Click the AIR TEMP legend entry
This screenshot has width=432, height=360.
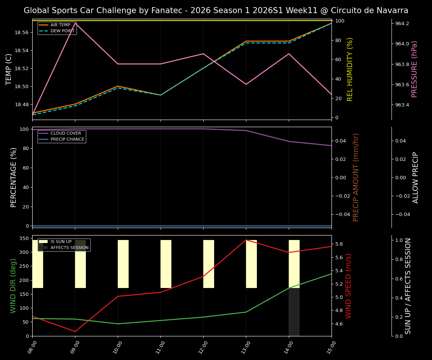pyautogui.click(x=60, y=25)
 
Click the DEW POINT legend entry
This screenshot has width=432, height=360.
pyautogui.click(x=62, y=31)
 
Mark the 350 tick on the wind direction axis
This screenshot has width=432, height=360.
pyautogui.click(x=24, y=238)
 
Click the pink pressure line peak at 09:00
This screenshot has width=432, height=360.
pyautogui.click(x=75, y=23)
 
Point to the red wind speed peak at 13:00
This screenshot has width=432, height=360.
pyautogui.click(x=246, y=240)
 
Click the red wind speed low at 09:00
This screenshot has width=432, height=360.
pyautogui.click(x=75, y=331)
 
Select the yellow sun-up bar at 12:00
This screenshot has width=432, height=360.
pyautogui.click(x=208, y=264)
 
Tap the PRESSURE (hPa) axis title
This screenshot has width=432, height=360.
pyautogui.click(x=414, y=69)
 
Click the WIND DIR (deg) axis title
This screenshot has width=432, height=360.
pyautogui.click(x=13, y=285)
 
